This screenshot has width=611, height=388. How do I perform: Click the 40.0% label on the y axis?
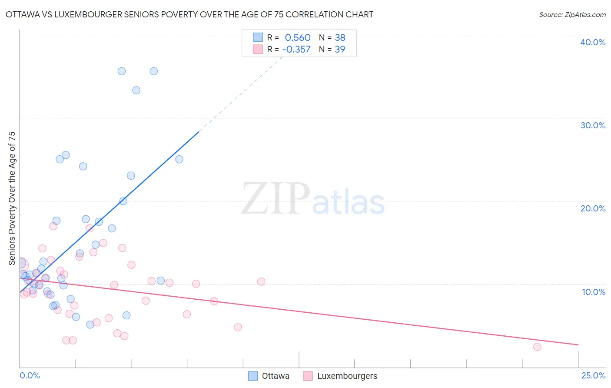[593, 42]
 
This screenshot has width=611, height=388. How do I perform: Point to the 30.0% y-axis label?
[593, 125]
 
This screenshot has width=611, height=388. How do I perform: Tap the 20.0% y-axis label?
[593, 208]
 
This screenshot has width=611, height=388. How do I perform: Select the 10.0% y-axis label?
[594, 292]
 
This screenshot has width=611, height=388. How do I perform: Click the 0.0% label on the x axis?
[30, 375]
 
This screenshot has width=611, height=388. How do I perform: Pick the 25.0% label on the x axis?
[593, 375]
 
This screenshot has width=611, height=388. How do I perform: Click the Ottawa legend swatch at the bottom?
[253, 376]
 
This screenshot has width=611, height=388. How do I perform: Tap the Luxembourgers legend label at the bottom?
[347, 376]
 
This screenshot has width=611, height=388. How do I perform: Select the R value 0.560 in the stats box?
[298, 38]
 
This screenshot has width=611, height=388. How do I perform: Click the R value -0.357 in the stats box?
[296, 49]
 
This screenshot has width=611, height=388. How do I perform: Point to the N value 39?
[340, 49]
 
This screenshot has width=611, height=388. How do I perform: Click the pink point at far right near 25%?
[537, 347]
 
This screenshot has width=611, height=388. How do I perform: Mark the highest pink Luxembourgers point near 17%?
[53, 226]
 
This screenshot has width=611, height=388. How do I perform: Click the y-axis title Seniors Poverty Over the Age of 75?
[12, 198]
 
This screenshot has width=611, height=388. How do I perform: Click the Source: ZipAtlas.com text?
[572, 15]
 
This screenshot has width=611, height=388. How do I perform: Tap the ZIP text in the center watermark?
[276, 199]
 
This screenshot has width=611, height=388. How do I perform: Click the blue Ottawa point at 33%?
[136, 90]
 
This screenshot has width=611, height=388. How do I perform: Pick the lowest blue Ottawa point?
[90, 324]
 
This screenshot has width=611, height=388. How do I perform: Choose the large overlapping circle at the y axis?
[20, 264]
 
